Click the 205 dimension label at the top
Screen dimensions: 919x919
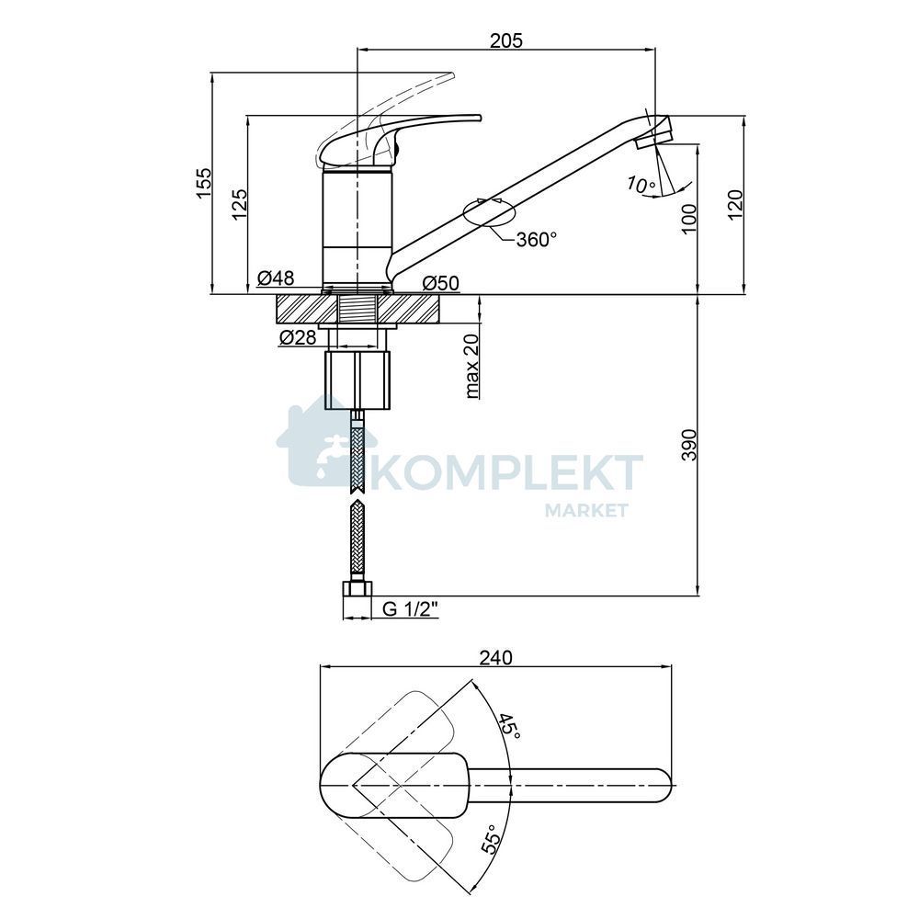505,40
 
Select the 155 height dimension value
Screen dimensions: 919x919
203,183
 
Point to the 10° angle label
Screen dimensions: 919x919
641,185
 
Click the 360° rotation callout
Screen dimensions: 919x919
536,239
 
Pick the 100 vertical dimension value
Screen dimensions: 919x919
689,218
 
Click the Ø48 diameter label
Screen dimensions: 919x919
276,278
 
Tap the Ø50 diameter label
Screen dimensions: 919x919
441,283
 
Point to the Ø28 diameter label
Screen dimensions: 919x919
298,337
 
